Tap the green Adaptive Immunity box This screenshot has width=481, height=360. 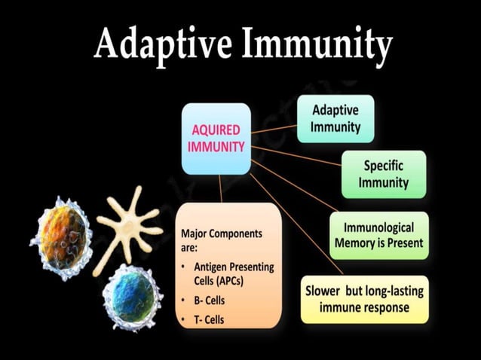[x=335, y=118]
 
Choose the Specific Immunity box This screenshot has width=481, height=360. [x=384, y=174]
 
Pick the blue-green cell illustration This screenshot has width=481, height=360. [x=133, y=297]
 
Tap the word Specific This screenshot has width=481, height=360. [x=385, y=166]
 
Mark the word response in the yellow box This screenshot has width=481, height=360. [x=386, y=307]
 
